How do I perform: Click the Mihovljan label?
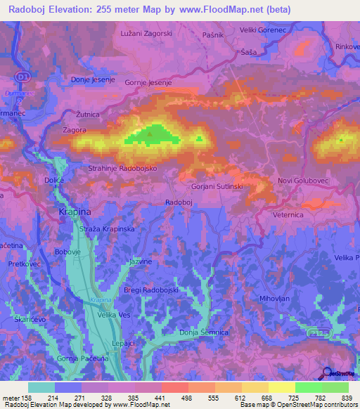(x=276, y=298)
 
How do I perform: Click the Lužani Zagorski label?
(x=146, y=34)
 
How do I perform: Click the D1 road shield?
(x=24, y=76)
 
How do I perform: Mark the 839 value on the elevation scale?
(x=348, y=398)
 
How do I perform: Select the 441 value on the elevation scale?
(x=161, y=398)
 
